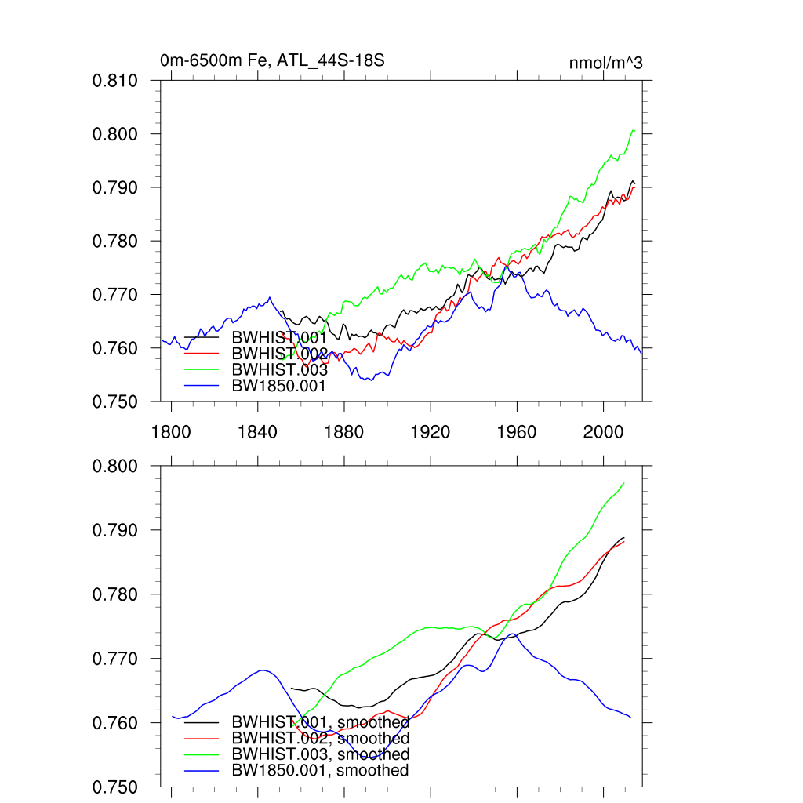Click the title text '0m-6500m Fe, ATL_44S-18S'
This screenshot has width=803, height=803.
point(271,60)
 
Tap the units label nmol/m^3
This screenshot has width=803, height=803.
point(605,63)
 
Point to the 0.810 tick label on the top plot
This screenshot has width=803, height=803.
point(116,81)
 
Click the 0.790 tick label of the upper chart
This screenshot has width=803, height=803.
point(116,188)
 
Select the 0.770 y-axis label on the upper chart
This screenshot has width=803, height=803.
point(116,295)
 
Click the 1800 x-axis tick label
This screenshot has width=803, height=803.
point(171,431)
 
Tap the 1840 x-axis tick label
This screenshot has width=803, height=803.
point(258,431)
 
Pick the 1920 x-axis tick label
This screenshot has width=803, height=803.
point(431,431)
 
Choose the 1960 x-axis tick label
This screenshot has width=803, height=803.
point(517,431)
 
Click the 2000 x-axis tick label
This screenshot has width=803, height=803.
point(603,431)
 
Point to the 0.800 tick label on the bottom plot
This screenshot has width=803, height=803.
point(116,467)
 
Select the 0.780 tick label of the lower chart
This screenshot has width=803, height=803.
point(116,594)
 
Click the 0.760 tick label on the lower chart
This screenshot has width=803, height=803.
point(116,723)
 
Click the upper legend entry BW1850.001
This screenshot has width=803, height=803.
point(278,385)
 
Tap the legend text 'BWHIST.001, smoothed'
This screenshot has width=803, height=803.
point(320,721)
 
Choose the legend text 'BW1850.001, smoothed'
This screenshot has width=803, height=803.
point(320,770)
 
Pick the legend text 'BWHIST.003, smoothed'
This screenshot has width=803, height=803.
point(320,754)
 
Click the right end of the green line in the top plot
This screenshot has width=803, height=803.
point(634,130)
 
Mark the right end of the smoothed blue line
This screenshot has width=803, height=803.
point(630,717)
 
